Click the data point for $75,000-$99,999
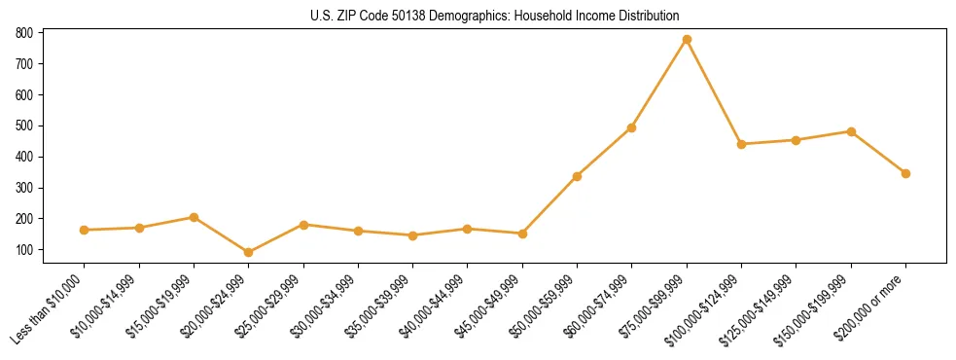[x=687, y=40]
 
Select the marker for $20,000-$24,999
[x=249, y=253]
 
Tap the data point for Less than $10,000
[x=85, y=230]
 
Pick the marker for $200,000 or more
[x=905, y=173]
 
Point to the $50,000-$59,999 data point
[x=577, y=176]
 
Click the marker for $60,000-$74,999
[x=632, y=127]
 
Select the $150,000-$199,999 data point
[x=851, y=131]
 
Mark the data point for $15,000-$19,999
[x=195, y=217]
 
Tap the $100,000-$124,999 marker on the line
[x=741, y=144]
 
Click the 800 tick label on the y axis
[x=25, y=33]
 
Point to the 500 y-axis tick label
[x=25, y=126]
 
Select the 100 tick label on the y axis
[x=25, y=250]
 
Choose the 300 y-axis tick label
[x=25, y=188]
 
